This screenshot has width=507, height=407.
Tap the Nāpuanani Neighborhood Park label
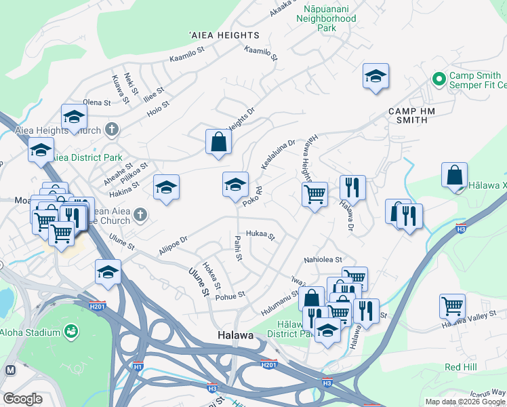pos(326,18)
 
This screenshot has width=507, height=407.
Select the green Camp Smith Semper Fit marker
pos(439,79)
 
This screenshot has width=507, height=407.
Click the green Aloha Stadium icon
pos(70,331)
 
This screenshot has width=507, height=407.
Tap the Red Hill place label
pos(461,367)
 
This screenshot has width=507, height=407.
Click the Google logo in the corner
pos(22,399)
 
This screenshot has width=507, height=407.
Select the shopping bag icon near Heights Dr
pos(219,142)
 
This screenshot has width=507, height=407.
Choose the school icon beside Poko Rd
pos(235,185)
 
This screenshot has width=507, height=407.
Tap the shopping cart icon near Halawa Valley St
pos(452,305)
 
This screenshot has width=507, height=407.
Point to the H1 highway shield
pos(138,367)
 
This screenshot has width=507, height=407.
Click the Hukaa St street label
pos(260,235)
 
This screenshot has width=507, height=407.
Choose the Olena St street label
pos(96,102)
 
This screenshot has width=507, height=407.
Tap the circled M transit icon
pos(10,370)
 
